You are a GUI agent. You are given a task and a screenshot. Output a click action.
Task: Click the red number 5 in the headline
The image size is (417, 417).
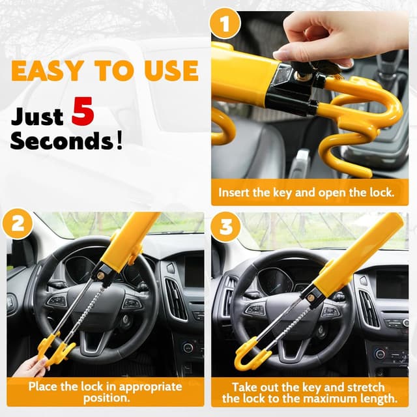[83, 111]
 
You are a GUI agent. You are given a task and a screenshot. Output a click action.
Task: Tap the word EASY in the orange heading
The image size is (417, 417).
[44, 70]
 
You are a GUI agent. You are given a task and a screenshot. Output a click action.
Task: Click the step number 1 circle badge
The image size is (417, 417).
[225, 26]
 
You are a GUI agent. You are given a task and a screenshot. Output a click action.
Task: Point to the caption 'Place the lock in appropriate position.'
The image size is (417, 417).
[105, 392]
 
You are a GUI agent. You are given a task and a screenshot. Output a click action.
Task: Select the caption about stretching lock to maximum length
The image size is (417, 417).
[309, 392]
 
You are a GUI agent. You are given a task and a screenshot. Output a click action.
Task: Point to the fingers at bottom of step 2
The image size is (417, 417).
[29, 368]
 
